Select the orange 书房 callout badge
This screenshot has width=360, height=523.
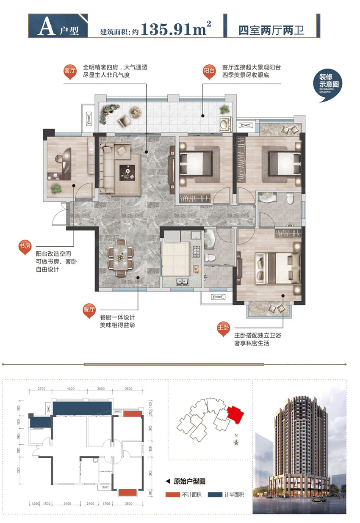(x=24, y=247)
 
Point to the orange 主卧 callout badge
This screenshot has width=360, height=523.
(x=223, y=328)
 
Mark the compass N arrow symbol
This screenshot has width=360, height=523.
(x=236, y=442)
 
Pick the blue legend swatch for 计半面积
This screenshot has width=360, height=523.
(x=219, y=494)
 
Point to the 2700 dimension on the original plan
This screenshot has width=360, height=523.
(x=41, y=388)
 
